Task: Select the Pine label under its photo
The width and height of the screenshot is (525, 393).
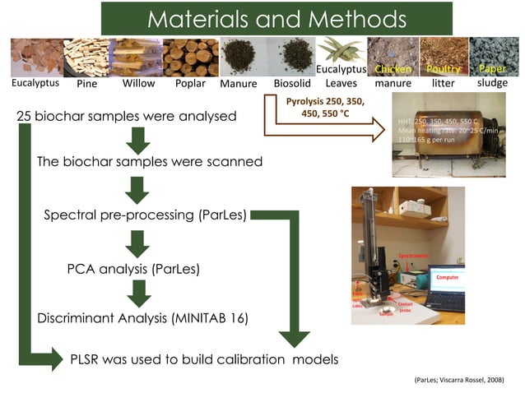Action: coord(86,84)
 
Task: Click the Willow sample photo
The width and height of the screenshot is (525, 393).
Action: coord(137,57)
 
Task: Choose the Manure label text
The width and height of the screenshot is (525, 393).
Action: coord(239,84)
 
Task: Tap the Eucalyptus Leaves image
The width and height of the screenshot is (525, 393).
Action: coord(341,51)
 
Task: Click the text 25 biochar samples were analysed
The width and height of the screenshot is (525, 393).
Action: coord(127,117)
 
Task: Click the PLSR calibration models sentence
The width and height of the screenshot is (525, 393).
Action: coord(204,359)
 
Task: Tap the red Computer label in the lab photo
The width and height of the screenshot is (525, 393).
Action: coord(447,278)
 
